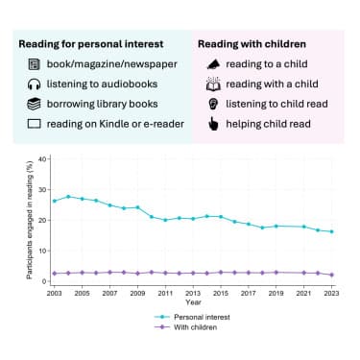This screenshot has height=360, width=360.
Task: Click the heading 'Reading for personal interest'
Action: [x=89, y=43]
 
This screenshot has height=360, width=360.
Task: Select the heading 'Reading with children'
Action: [x=252, y=43]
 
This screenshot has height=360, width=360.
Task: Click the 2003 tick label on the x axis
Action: [x=54, y=292]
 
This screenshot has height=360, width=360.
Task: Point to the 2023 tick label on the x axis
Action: [x=332, y=292]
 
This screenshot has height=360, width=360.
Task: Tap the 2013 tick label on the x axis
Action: [x=193, y=292]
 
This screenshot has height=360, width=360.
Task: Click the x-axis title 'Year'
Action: [x=193, y=300]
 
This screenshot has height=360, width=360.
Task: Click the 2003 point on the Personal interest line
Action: [x=54, y=201]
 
